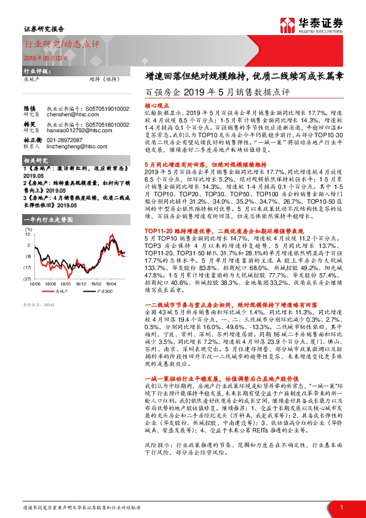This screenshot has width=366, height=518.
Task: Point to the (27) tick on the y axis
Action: pos(27,278)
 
